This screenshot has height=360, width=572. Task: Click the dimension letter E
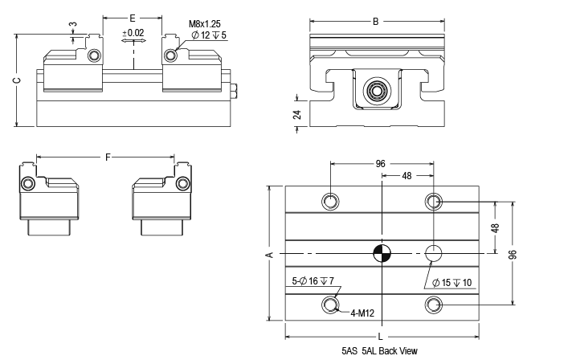133,16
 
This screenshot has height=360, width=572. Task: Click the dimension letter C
16,80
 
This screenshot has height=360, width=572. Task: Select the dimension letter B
375,21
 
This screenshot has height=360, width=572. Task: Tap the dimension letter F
108,157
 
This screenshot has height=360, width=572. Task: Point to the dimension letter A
270,255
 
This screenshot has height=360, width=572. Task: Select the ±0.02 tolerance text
133,33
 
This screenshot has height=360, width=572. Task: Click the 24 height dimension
296,114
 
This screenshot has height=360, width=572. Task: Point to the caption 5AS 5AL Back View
379,351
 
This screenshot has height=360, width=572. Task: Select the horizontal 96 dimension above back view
382,164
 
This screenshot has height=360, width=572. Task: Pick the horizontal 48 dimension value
407,176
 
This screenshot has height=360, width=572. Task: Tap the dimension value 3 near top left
74,24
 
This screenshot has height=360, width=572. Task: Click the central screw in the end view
375,89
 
